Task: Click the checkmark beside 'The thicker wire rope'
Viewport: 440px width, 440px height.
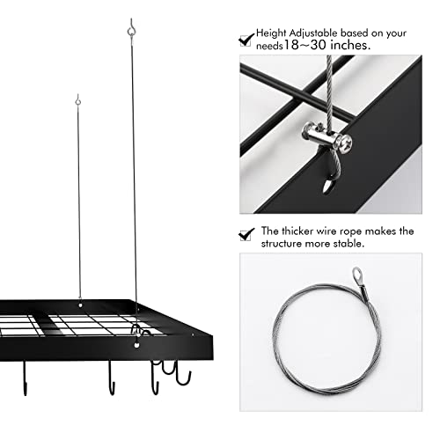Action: [x=247, y=233]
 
